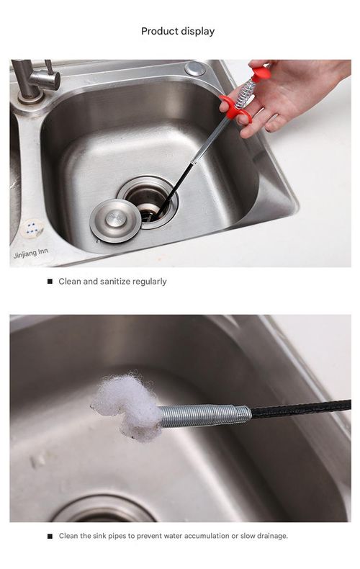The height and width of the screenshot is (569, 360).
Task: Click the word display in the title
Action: coord(197,31)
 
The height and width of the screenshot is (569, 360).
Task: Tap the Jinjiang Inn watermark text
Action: coord(30,254)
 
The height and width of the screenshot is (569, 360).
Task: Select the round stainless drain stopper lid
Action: coord(115,219)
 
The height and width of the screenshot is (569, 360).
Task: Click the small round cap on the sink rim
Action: coord(194,69)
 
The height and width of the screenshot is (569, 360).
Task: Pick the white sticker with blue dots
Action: coord(31,228)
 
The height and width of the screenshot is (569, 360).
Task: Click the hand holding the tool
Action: coord(288,94)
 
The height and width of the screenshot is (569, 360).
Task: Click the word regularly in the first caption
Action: coord(150,282)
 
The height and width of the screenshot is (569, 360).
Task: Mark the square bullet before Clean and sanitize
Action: coord(50,282)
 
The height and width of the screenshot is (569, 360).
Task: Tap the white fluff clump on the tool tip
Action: coord(126,407)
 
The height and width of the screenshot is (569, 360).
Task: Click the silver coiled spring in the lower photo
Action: coord(205,416)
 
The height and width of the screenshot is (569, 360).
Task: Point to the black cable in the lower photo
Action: coord(302,408)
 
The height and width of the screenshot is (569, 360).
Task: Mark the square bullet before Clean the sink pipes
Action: coord(50,536)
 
